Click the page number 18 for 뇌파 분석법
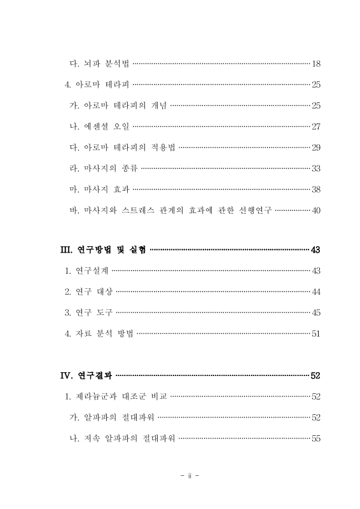point(316,64)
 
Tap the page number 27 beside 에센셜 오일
point(316,126)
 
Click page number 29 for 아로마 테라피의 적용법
point(316,147)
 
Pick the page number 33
point(316,168)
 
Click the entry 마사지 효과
point(99,189)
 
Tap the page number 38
point(316,189)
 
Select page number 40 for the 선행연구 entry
point(316,210)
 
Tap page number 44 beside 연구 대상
point(316,292)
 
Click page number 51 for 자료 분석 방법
point(316,333)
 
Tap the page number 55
point(316,438)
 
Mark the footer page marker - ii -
point(190,475)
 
